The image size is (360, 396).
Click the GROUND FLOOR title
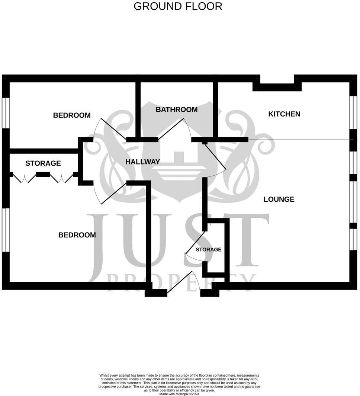tap(178, 6)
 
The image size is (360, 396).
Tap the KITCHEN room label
tap(284, 114)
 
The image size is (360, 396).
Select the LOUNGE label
tap(279, 199)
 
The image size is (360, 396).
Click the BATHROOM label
tap(177, 109)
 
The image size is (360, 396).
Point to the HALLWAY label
tap(142, 162)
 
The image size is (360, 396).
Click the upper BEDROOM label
tap(72, 115)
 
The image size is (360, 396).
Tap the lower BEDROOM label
tap(77, 235)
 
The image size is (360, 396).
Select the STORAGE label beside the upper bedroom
tap(43, 163)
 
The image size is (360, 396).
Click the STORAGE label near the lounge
tap(209, 249)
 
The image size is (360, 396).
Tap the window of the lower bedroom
tap(6, 230)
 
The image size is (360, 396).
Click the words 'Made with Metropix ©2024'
tap(179, 394)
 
